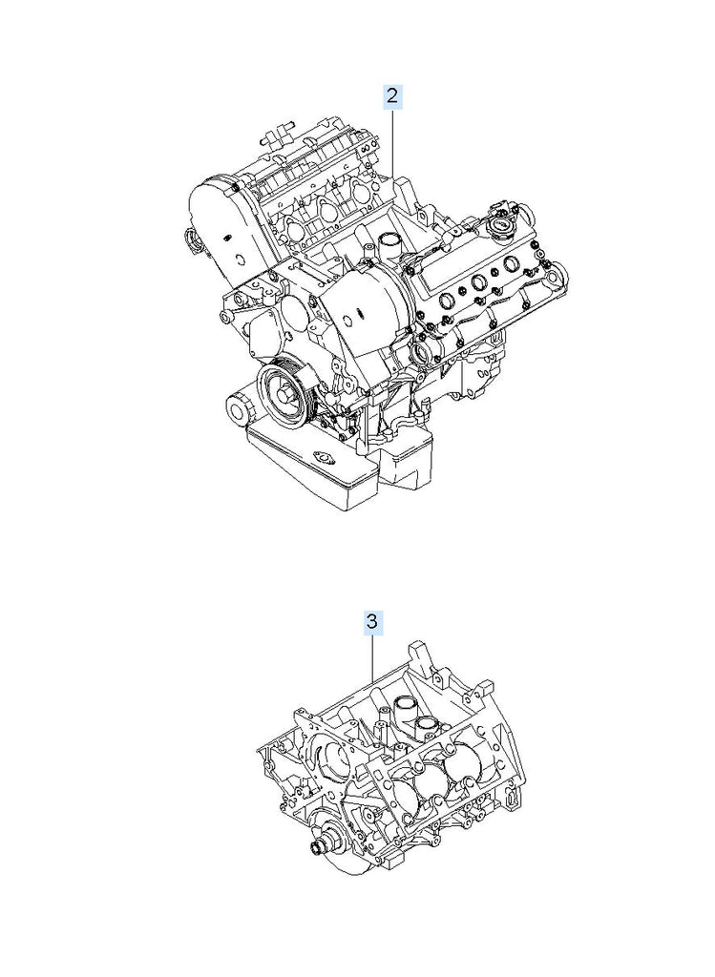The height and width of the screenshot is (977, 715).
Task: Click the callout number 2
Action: [x=392, y=97]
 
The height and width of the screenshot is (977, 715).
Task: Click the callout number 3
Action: [x=371, y=622]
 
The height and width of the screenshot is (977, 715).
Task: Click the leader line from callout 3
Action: [x=372, y=657]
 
